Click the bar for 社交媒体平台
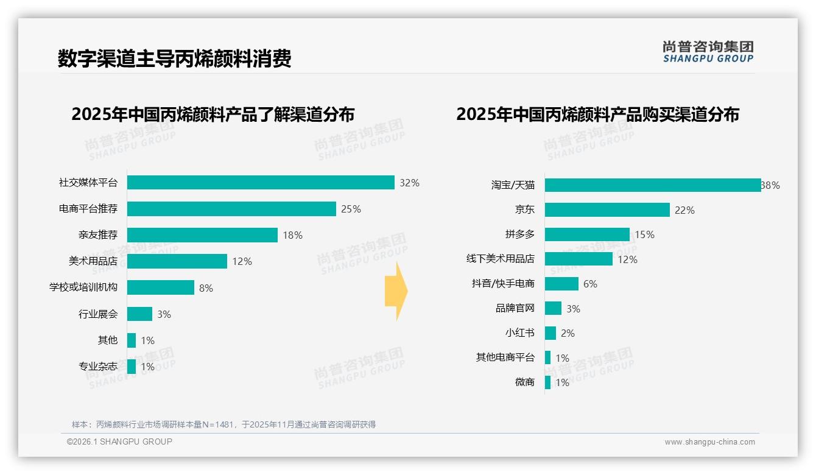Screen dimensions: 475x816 (261, 183)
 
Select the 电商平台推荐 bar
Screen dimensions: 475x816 (231, 209)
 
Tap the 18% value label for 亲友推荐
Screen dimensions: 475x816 (292, 235)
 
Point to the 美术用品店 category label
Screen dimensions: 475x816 (93, 261)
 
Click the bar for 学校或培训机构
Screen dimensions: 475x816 (161, 287)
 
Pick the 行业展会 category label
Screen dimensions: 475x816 (97, 314)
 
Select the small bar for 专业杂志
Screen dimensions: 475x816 (132, 367)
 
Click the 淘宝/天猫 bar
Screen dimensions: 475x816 (653, 185)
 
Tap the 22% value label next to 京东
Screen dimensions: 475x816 (684, 210)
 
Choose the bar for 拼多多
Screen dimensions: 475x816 (587, 234)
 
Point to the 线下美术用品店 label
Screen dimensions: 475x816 (501, 259)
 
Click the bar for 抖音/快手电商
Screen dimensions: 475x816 (561, 284)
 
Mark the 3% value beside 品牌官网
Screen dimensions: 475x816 (573, 309)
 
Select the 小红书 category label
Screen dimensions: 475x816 (519, 333)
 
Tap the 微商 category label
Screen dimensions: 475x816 (524, 382)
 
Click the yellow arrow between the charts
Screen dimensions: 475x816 (396, 291)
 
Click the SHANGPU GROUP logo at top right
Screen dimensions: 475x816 (708, 52)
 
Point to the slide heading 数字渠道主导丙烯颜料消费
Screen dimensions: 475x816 (175, 58)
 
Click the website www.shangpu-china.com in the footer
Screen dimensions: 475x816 (709, 442)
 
